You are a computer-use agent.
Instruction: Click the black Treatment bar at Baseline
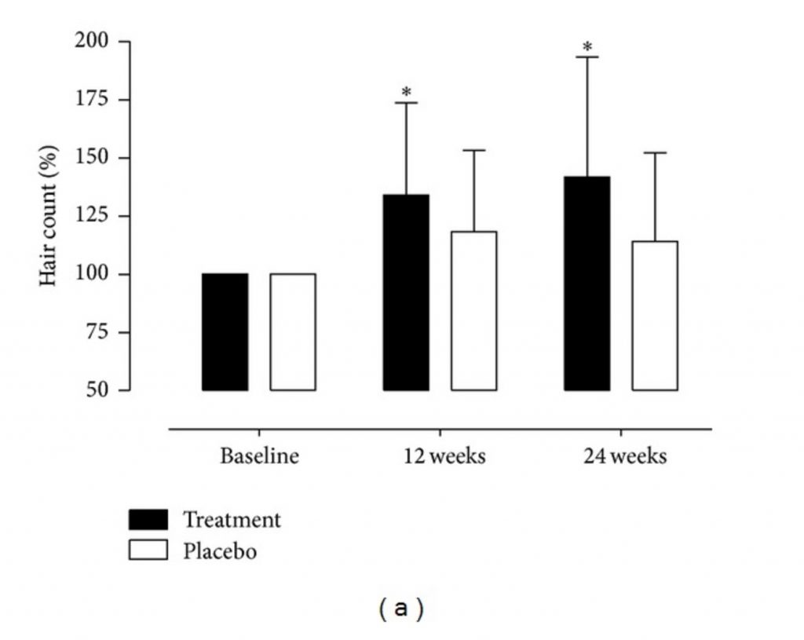click(x=225, y=331)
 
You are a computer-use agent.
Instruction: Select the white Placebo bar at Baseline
click(x=293, y=331)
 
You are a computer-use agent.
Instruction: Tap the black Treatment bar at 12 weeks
click(x=406, y=292)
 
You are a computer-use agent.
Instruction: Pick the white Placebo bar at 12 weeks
click(x=473, y=311)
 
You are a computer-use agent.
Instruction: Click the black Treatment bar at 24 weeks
click(x=587, y=283)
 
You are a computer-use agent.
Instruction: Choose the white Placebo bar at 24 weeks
click(x=655, y=316)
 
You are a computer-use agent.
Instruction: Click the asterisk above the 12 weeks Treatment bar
click(x=406, y=93)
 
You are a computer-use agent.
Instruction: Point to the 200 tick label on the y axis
click(x=91, y=41)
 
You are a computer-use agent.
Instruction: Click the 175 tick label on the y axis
click(x=91, y=100)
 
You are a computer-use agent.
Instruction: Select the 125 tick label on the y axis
click(x=91, y=216)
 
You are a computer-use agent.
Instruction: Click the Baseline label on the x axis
click(x=259, y=456)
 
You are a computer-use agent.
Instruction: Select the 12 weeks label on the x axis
click(x=440, y=456)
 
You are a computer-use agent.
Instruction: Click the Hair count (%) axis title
click(x=49, y=216)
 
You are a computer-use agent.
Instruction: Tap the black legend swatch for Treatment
click(x=148, y=519)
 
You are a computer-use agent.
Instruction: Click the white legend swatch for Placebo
click(x=148, y=550)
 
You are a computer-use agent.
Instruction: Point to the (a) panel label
click(x=401, y=609)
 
